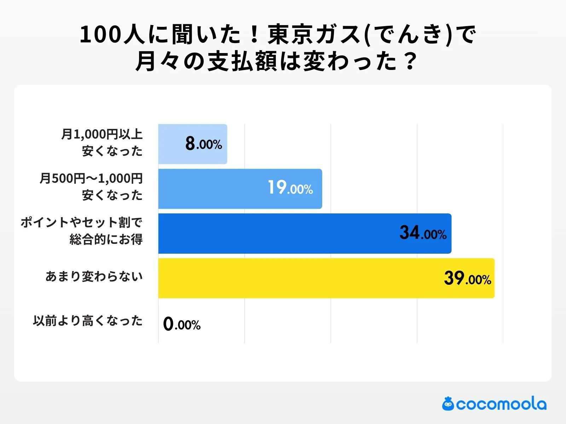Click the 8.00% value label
(x=204, y=144)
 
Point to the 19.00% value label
(x=290, y=188)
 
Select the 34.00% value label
(x=423, y=233)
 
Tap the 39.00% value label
(x=468, y=278)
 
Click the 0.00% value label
(x=182, y=324)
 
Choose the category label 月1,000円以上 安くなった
(x=102, y=143)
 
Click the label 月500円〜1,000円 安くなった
(x=91, y=187)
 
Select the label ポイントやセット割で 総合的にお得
(x=82, y=231)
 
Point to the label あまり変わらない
(x=94, y=276)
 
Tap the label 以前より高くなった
(x=88, y=321)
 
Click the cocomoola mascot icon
(x=448, y=404)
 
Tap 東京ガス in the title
(x=315, y=35)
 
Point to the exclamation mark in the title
(x=254, y=35)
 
